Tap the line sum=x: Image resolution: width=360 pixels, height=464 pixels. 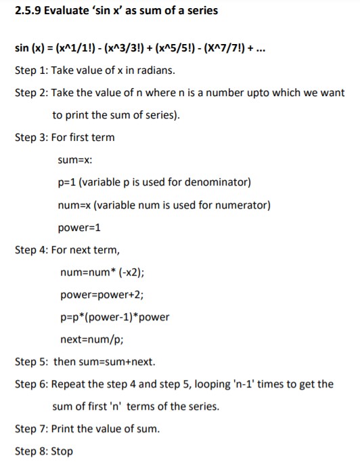tap(75, 161)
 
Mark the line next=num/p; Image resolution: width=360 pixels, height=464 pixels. tap(93, 339)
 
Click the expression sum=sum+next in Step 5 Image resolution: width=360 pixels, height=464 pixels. tap(118, 362)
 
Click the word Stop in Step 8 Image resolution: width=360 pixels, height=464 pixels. tap(62, 451)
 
